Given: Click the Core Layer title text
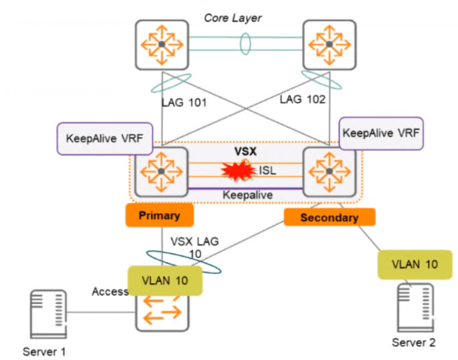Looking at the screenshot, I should [x=233, y=18].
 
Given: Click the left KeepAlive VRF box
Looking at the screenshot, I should [x=105, y=138].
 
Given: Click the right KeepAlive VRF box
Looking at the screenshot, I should [x=382, y=133].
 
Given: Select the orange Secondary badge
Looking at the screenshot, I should [x=329, y=217].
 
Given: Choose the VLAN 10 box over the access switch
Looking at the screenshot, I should [x=165, y=280].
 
